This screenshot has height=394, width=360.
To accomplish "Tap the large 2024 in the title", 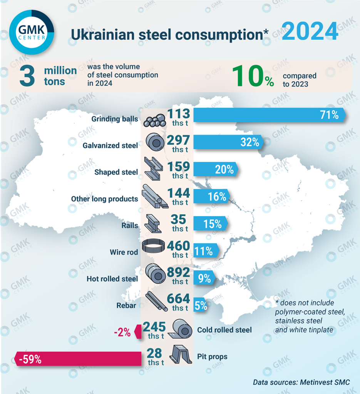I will click(310, 32).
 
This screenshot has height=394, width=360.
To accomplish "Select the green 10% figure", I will click(254, 76).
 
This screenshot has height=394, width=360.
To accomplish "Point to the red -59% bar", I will click(77, 360).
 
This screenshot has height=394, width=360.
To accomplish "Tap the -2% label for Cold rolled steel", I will click(123, 331).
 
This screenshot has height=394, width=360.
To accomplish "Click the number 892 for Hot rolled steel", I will click(178, 272).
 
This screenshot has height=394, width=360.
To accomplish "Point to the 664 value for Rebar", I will click(178, 299).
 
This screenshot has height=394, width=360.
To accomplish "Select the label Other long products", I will click(104, 199).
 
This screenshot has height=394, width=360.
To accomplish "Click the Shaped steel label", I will click(116, 172).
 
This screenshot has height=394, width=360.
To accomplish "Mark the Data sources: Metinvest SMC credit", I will click(301, 382).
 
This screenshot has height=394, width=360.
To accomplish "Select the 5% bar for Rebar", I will click(201, 306).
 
